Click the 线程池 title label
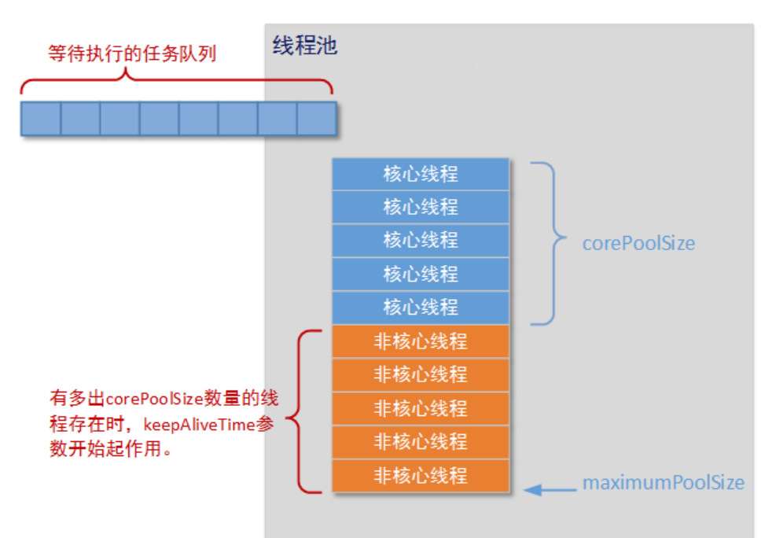click(305, 45)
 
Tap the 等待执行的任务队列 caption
click(131, 54)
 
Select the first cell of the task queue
click(41, 119)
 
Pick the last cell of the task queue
click(317, 119)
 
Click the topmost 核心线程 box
click(421, 174)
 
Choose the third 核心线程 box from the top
click(421, 240)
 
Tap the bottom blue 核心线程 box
click(421, 307)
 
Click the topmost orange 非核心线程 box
click(421, 341)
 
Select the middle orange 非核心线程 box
click(421, 408)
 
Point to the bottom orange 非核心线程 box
click(421, 476)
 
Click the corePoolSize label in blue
click(638, 243)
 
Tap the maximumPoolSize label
click(663, 483)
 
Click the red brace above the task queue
click(176, 82)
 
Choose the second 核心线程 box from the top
click(421, 207)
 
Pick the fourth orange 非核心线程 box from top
click(421, 442)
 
